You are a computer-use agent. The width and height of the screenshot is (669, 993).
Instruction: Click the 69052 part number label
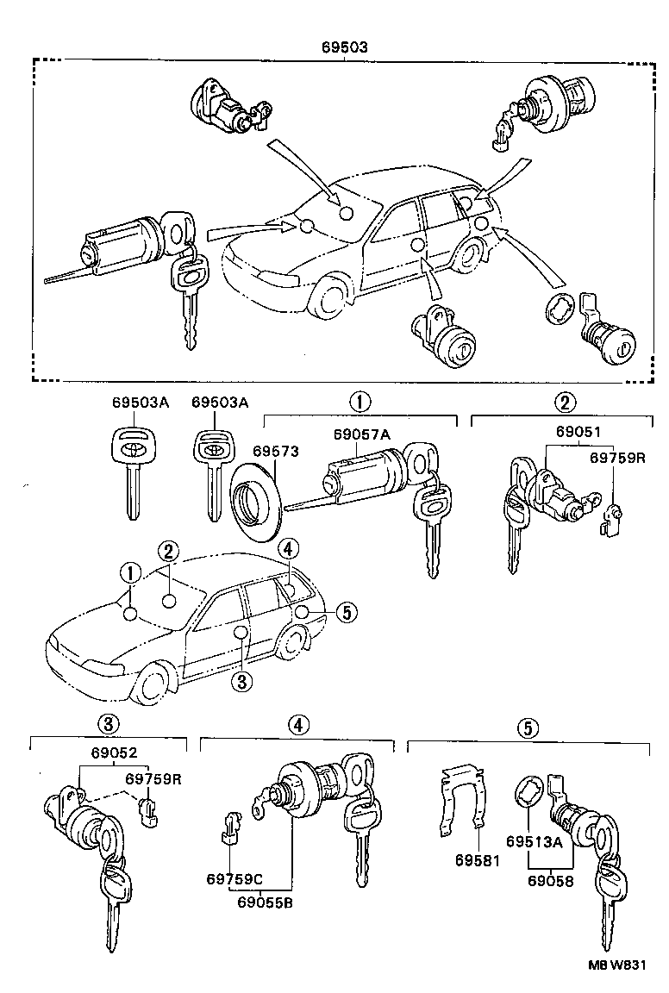pyautogui.click(x=114, y=752)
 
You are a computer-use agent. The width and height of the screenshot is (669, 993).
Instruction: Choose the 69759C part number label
pyautogui.click(x=234, y=879)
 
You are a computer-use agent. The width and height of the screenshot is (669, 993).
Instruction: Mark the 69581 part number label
pyautogui.click(x=477, y=860)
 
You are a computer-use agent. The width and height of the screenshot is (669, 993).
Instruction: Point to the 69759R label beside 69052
pyautogui.click(x=153, y=778)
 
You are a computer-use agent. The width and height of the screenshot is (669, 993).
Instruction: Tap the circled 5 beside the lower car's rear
pyautogui.click(x=344, y=612)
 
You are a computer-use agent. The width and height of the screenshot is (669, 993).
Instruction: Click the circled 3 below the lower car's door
pyautogui.click(x=242, y=681)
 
